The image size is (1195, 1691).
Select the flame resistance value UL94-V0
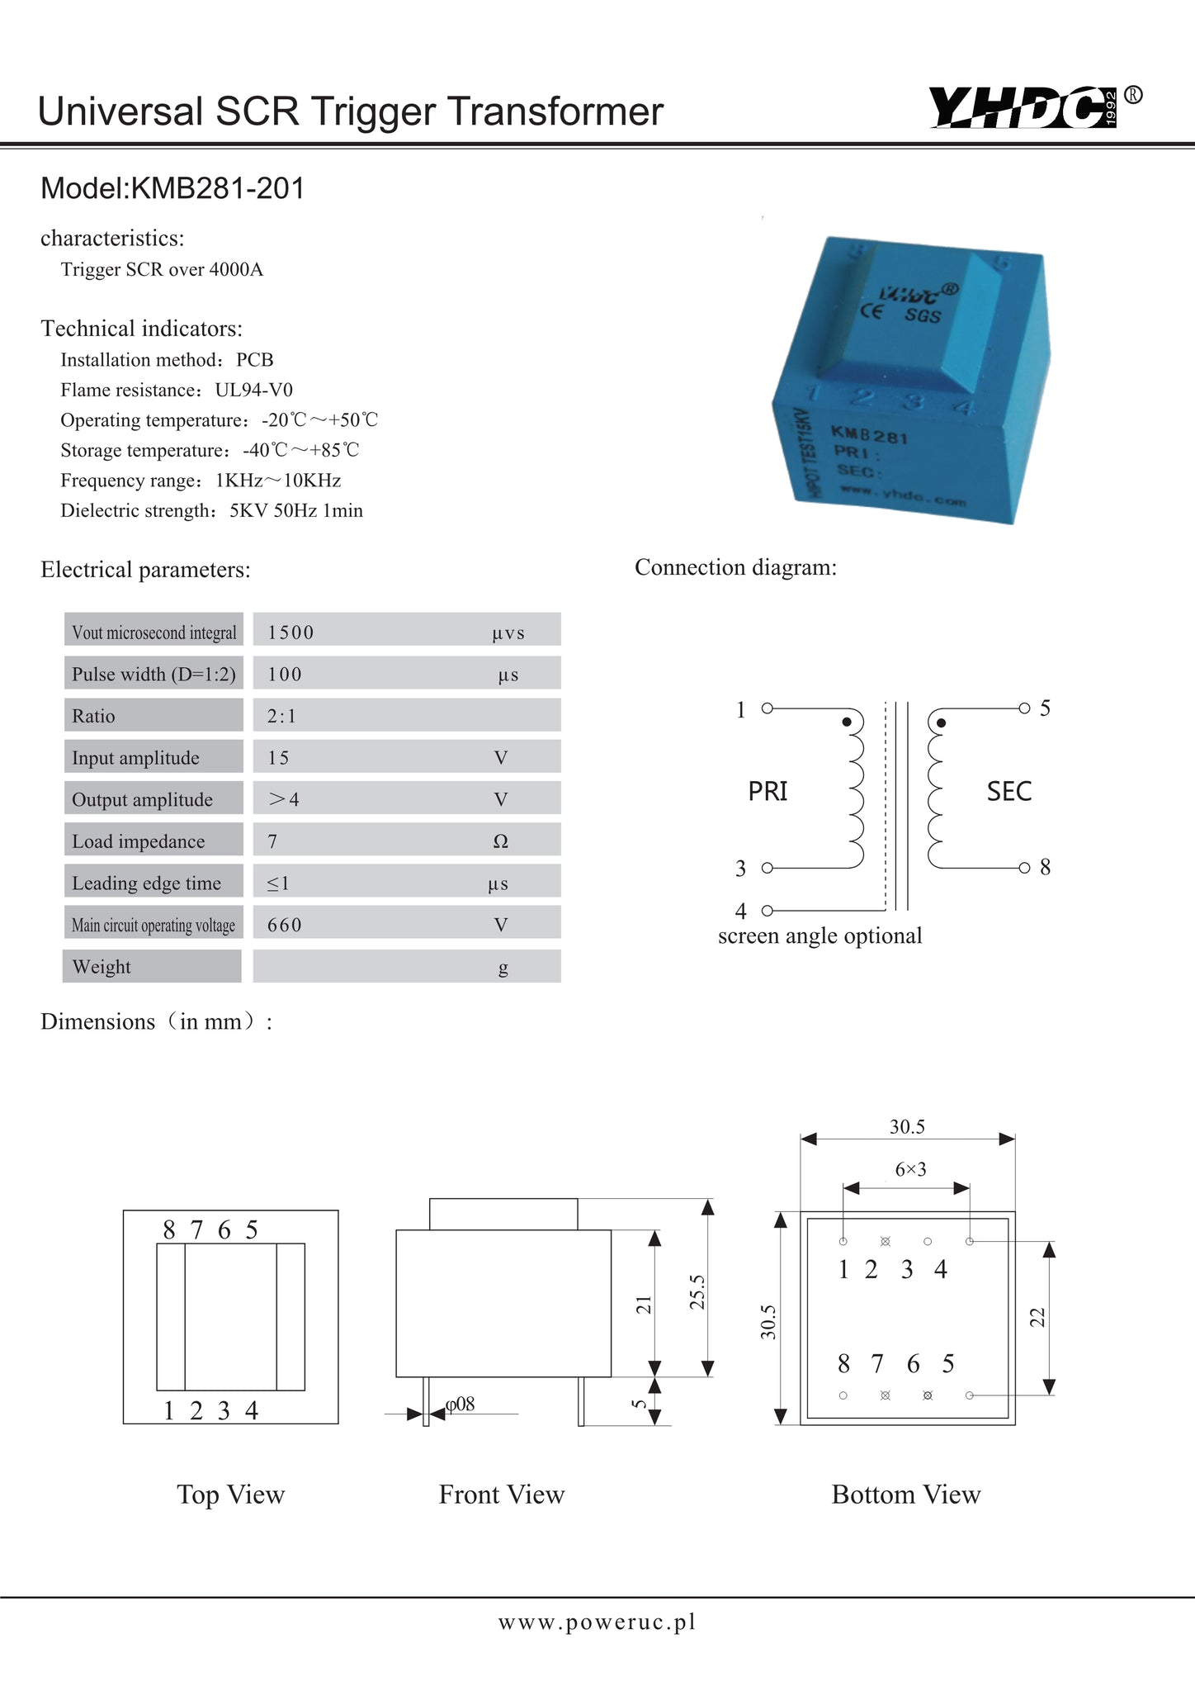click(254, 390)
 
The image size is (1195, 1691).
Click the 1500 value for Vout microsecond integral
click(290, 632)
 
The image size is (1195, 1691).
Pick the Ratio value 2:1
click(281, 716)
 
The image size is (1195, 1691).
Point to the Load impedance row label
click(138, 841)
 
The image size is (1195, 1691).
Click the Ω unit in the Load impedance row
click(500, 841)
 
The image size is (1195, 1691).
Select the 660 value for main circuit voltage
click(285, 925)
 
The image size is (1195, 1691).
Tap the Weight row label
click(102, 967)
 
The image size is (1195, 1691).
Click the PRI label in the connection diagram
click(768, 791)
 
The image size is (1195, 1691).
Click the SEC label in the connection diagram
click(1009, 791)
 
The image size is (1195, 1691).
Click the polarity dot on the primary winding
click(847, 722)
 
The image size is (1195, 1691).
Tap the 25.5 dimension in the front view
click(698, 1292)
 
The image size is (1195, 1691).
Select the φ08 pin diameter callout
click(460, 1404)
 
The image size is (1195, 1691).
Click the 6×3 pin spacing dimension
click(910, 1169)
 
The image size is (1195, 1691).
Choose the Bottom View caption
click(905, 1494)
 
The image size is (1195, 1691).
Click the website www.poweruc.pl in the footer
click(597, 1622)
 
